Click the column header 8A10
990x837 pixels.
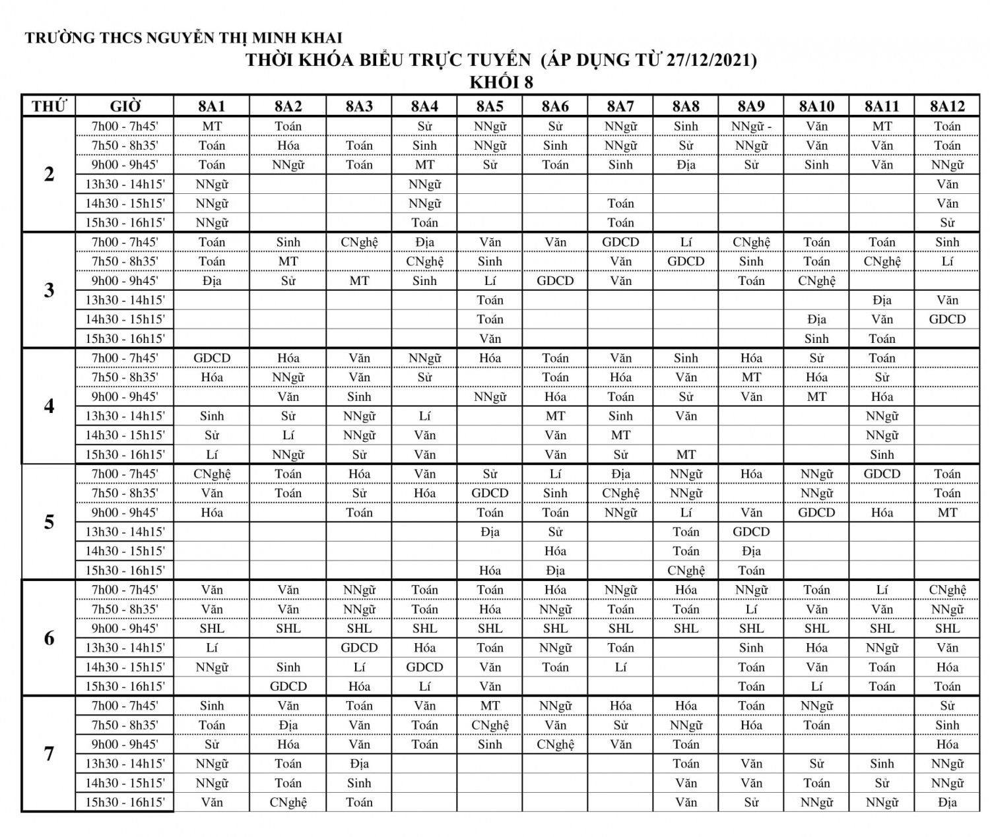click(816, 106)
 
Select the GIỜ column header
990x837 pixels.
click(125, 106)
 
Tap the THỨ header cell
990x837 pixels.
click(49, 106)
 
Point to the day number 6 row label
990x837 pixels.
click(49, 638)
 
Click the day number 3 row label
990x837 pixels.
click(49, 290)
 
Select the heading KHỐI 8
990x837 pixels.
click(501, 82)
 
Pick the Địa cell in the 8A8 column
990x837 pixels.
click(686, 165)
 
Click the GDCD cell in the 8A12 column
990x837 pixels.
click(947, 319)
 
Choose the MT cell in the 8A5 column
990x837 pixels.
click(490, 706)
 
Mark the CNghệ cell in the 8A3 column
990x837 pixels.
click(359, 242)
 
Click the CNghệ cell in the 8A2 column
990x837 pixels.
click(288, 803)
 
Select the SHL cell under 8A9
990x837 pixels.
click(751, 629)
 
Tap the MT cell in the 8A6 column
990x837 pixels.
click(555, 416)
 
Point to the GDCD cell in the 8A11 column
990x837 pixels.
click(882, 474)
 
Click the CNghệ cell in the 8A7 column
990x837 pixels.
click(620, 493)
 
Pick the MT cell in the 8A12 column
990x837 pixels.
click(947, 512)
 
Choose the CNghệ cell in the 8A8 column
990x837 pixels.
click(686, 571)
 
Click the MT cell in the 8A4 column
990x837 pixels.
click(424, 165)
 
